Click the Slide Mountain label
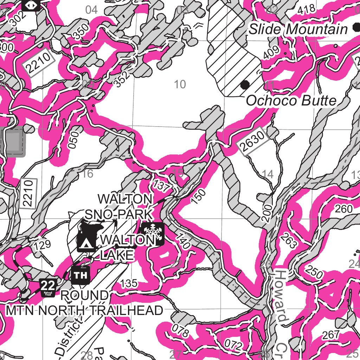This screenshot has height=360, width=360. (x=298, y=30)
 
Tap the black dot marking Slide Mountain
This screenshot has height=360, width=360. (x=355, y=28)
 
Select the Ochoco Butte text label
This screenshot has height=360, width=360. (x=291, y=101)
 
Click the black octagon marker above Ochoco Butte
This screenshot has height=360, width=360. (x=245, y=84)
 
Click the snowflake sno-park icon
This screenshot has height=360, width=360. (x=153, y=233)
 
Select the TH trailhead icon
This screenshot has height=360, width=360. (x=81, y=275)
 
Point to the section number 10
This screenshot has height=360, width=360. (x=180, y=84)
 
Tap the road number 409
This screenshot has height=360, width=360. (x=271, y=52)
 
